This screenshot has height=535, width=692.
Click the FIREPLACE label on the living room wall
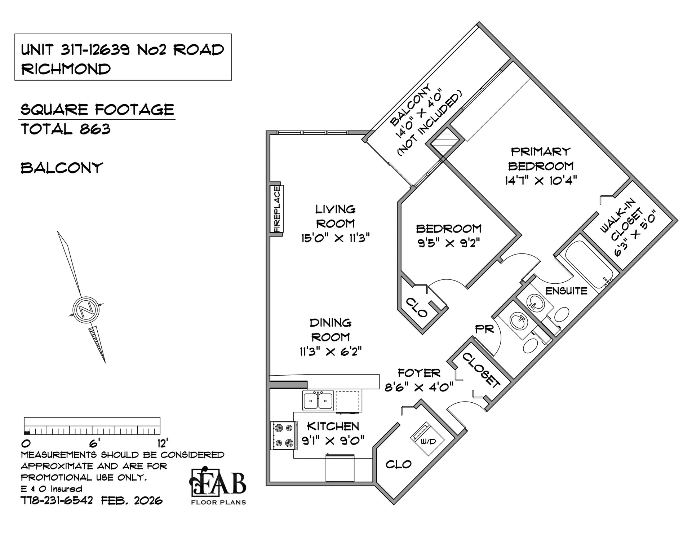[x=277, y=209]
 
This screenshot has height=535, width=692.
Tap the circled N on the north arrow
[x=86, y=309]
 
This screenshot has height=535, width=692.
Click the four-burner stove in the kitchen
[x=284, y=435]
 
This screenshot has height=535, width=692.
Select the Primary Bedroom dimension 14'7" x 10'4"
[x=541, y=180]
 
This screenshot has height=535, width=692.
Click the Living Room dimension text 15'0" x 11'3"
[x=336, y=238]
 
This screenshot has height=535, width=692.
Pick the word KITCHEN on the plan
[x=333, y=426]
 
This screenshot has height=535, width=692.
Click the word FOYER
[x=419, y=373]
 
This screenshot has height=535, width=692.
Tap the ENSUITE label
[x=566, y=291]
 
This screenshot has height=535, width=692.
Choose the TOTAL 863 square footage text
[x=66, y=129]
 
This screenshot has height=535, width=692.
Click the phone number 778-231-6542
[x=57, y=500]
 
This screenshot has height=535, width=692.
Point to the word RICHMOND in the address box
[x=66, y=69]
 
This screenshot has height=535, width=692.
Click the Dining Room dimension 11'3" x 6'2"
[x=331, y=351]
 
